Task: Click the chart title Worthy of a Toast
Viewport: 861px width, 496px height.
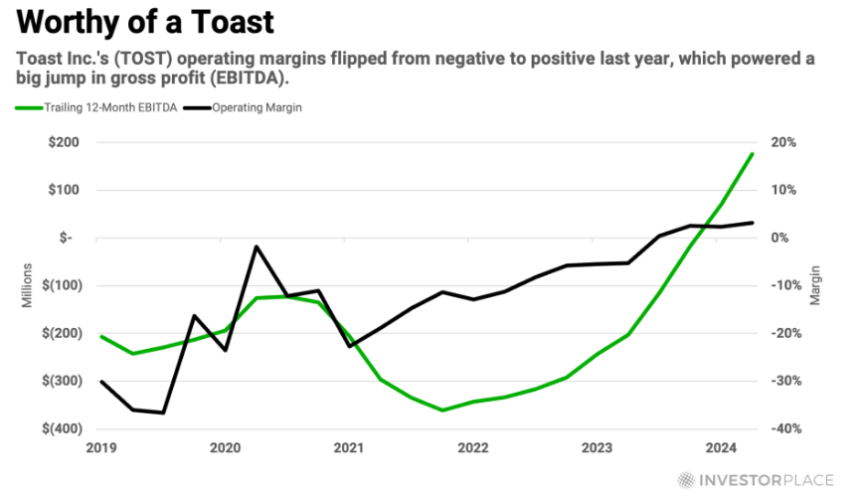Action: pos(146,21)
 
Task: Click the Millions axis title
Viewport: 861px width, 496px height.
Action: pos(29,285)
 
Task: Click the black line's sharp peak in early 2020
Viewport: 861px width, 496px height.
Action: pos(257,247)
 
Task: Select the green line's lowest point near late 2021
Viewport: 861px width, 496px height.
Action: pos(442,410)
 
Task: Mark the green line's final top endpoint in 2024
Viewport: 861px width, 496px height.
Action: pos(753,154)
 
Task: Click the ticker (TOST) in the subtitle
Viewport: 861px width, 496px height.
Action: pos(143,59)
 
